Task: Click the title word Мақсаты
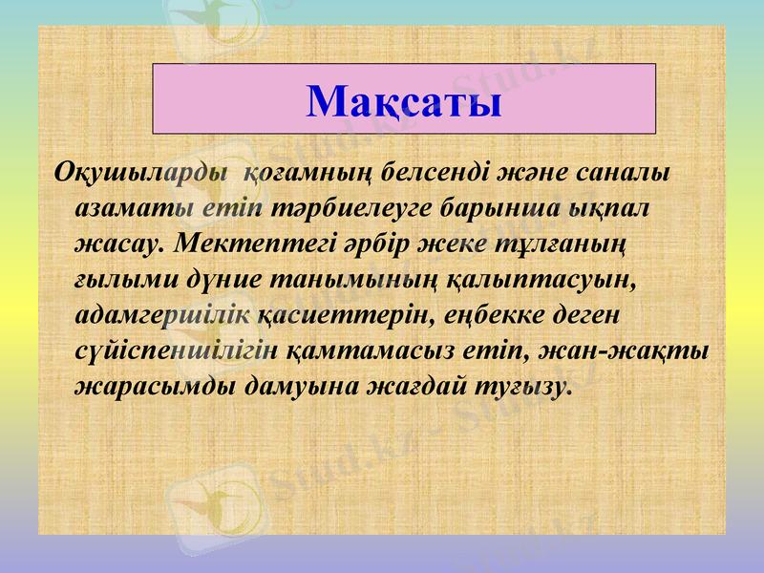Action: point(404,101)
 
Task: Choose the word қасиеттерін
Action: point(337,312)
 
